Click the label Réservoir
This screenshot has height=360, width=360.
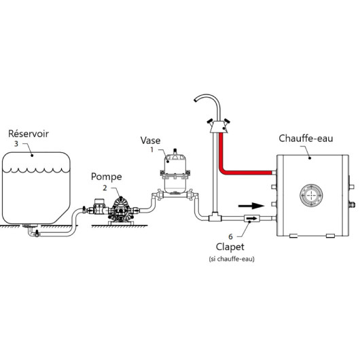[29, 134]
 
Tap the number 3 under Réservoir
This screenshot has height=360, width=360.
[16, 144]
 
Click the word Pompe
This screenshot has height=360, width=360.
[106, 177]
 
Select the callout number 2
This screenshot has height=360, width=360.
[105, 187]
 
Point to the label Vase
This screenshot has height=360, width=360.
[150, 141]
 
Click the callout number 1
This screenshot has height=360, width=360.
[151, 149]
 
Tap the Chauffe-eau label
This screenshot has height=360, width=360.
[306, 138]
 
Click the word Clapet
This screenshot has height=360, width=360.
[230, 247]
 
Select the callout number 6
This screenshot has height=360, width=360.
[230, 236]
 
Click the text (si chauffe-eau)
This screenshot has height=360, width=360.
[232, 259]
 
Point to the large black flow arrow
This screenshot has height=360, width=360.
[251, 206]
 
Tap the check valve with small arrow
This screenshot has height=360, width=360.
[251, 218]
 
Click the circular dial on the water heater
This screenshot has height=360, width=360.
[311, 195]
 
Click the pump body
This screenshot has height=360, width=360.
[120, 210]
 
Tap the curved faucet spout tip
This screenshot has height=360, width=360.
[195, 101]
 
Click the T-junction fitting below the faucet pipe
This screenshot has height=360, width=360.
[215, 217]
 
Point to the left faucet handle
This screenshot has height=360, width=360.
[210, 122]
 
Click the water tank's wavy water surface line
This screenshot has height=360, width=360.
[36, 170]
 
